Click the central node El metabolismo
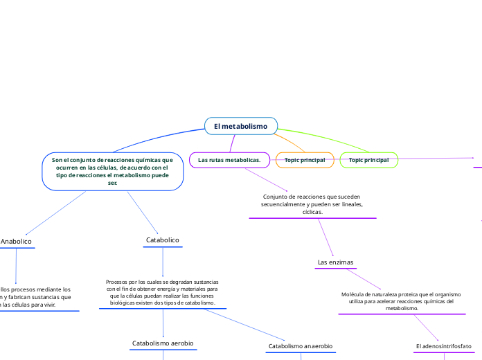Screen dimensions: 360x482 (x=240, y=126)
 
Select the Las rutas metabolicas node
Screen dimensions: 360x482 (x=229, y=160)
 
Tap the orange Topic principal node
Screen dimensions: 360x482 (x=305, y=160)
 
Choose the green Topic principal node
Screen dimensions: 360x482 (x=369, y=160)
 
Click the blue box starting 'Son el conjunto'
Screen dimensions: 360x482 (x=112, y=171)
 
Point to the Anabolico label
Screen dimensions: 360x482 (x=15, y=241)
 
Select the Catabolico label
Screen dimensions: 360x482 (x=163, y=240)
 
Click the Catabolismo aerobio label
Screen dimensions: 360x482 (x=163, y=343)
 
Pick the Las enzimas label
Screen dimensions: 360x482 (x=335, y=262)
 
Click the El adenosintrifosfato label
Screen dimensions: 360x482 (x=443, y=345)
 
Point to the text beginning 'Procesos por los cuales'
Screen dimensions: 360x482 (x=162, y=292)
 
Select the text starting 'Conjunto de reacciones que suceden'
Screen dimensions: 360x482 (x=312, y=204)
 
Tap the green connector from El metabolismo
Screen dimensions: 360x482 (x=325, y=136)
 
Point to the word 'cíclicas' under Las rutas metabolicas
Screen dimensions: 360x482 (x=312, y=212)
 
